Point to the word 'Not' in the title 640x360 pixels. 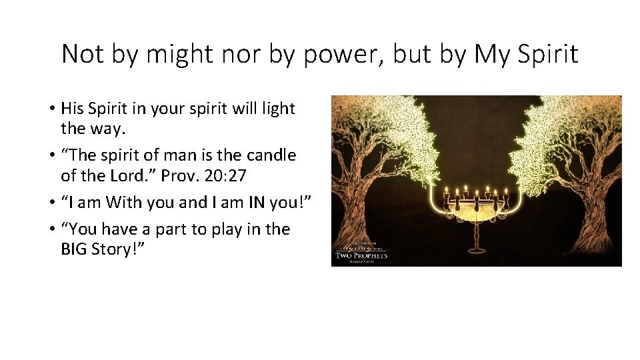tap(82, 55)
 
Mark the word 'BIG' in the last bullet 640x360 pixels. tap(76, 249)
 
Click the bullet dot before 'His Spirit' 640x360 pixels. tap(51, 109)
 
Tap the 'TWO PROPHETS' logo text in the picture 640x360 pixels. tap(361, 255)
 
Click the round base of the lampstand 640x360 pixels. tap(476, 249)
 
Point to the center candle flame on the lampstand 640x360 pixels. tap(476, 189)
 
